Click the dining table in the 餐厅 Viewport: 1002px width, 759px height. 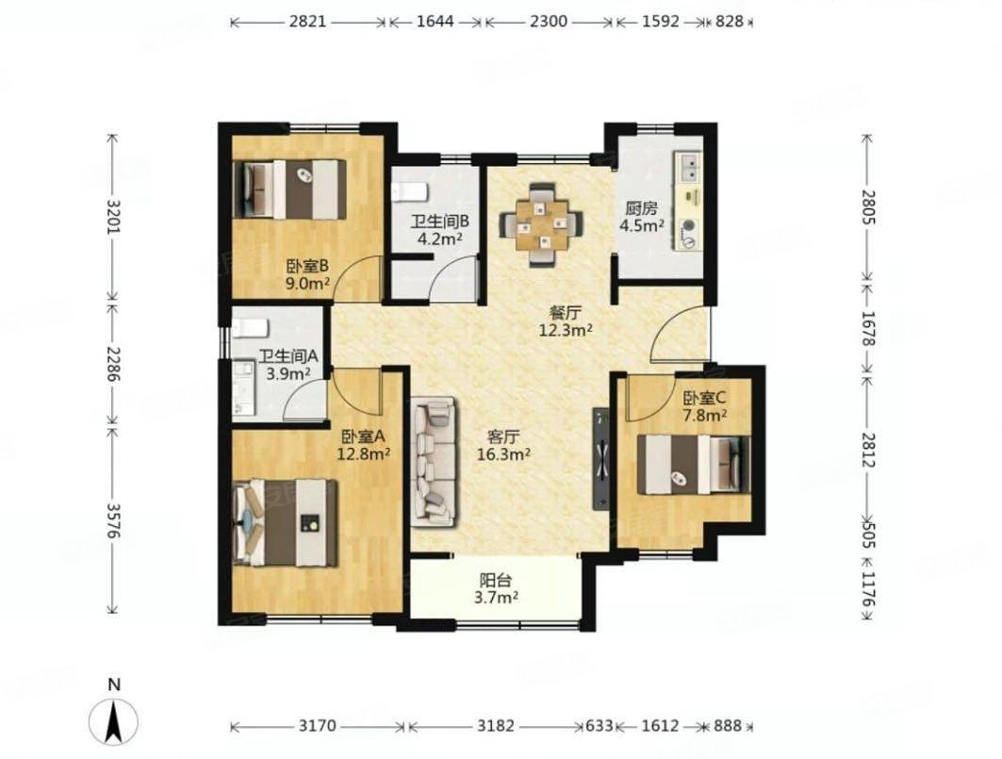pyautogui.click(x=542, y=224)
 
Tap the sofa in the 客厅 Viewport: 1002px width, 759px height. pyautogui.click(x=434, y=462)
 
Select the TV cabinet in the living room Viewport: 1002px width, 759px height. pyautogui.click(x=601, y=458)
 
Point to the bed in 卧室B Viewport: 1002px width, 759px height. pyautogui.click(x=290, y=190)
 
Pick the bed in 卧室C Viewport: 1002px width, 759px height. pyautogui.click(x=694, y=465)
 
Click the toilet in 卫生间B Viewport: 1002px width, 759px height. pyautogui.click(x=410, y=190)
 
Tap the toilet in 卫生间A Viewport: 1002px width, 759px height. pyautogui.click(x=249, y=328)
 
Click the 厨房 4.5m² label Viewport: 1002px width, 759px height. pyautogui.click(x=641, y=217)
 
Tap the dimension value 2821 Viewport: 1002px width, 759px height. pyautogui.click(x=307, y=22)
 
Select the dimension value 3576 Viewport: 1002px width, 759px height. pyautogui.click(x=112, y=520)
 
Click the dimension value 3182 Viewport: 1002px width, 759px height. pyautogui.click(x=495, y=726)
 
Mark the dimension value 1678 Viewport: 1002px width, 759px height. pyautogui.click(x=867, y=329)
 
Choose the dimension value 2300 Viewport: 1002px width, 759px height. pyautogui.click(x=549, y=22)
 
